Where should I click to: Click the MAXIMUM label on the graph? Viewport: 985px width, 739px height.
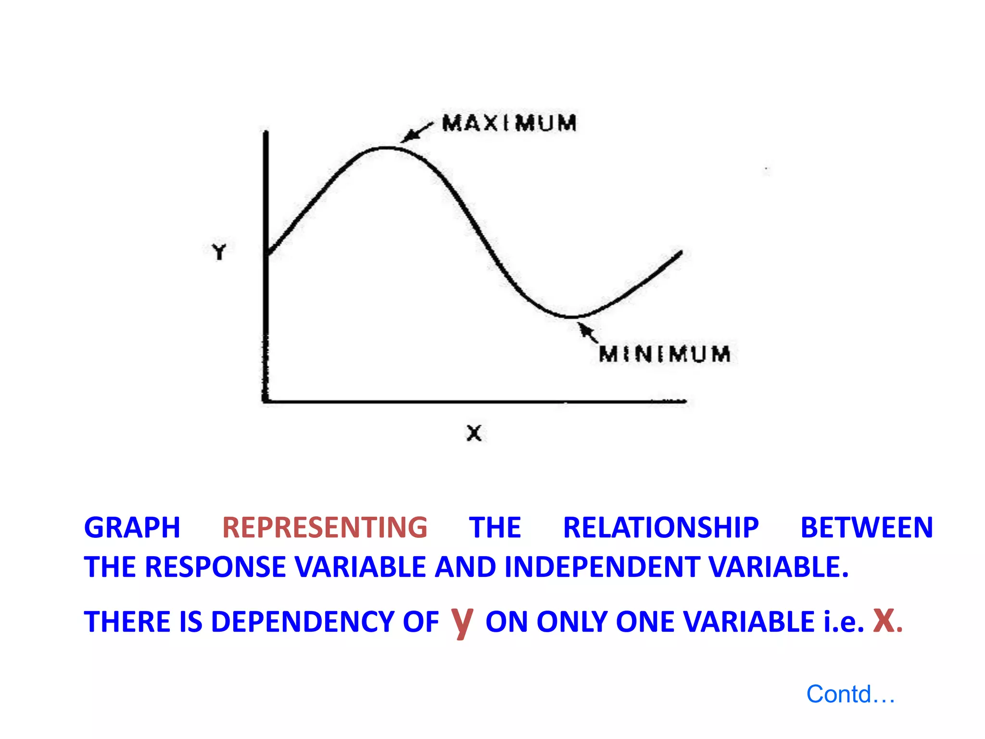click(509, 123)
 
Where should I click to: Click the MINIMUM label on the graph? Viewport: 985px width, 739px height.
click(665, 354)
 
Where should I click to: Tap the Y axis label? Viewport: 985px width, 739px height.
click(219, 252)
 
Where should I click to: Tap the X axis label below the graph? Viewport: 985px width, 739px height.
click(474, 433)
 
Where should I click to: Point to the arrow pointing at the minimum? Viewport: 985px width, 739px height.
click(587, 332)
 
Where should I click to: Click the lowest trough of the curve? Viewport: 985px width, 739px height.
click(570, 317)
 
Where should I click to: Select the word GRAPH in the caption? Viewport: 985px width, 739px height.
click(132, 528)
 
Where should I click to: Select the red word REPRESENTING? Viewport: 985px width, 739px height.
click(325, 528)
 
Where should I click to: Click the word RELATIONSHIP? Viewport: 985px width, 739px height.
click(661, 528)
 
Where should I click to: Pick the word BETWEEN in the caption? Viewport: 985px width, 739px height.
click(867, 528)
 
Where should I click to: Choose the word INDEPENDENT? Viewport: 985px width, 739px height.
click(602, 567)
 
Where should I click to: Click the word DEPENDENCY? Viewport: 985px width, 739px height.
click(303, 622)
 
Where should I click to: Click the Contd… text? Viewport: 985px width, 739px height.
click(850, 694)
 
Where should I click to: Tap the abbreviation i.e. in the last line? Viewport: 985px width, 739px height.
click(844, 622)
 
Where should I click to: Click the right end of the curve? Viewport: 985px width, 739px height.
click(680, 253)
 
